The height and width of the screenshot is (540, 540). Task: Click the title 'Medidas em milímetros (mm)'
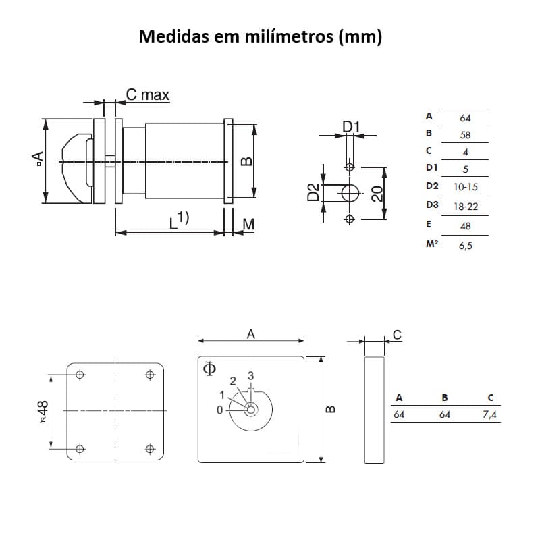(260, 36)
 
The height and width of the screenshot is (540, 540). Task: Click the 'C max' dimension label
(147, 95)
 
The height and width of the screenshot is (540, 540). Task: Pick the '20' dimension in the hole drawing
(378, 194)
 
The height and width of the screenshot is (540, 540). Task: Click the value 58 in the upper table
(465, 135)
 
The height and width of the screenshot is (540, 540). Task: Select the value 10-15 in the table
(465, 186)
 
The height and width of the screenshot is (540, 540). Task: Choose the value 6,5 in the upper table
(465, 246)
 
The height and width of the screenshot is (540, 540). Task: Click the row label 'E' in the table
(429, 224)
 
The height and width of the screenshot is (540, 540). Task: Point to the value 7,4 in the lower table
(490, 414)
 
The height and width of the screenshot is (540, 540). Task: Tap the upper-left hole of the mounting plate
(80, 375)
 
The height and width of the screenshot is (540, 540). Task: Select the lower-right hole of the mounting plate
(150, 448)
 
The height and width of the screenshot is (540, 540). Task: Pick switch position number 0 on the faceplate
(219, 410)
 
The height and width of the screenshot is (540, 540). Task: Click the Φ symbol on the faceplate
(209, 368)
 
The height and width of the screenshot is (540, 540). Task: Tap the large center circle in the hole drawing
(350, 193)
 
